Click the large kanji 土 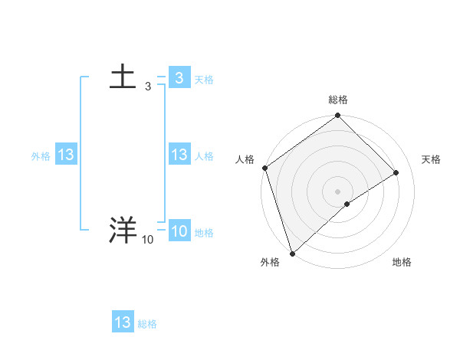click(x=123, y=77)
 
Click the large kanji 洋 click(x=123, y=231)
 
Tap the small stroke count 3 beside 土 click(x=148, y=87)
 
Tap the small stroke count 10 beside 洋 click(x=147, y=240)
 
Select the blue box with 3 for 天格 click(x=179, y=78)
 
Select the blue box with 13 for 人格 click(x=179, y=155)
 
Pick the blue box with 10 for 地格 click(x=179, y=231)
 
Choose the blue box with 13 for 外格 click(x=65, y=155)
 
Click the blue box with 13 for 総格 click(x=123, y=322)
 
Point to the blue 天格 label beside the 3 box click(x=204, y=80)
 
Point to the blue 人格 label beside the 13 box click(x=204, y=156)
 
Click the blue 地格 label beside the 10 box click(x=204, y=233)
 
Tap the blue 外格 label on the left click(x=41, y=156)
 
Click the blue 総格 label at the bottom click(x=147, y=324)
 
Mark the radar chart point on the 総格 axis click(x=337, y=116)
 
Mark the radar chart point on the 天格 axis click(x=396, y=172)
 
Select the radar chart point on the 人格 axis click(x=264, y=168)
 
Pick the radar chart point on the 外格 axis click(x=293, y=253)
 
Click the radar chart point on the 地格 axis click(x=347, y=204)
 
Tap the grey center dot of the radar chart click(x=337, y=191)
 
